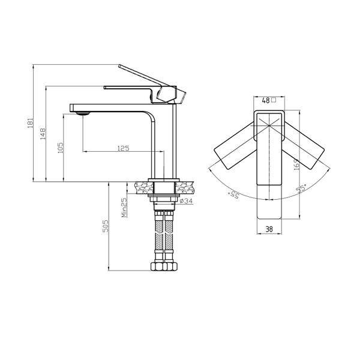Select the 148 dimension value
(43, 134)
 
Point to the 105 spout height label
(60, 148)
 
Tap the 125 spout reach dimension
(123, 148)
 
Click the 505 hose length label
(106, 226)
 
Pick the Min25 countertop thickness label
(124, 208)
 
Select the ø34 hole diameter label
(186, 201)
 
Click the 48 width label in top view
(266, 101)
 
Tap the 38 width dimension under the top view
(269, 229)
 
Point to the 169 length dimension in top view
(297, 164)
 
